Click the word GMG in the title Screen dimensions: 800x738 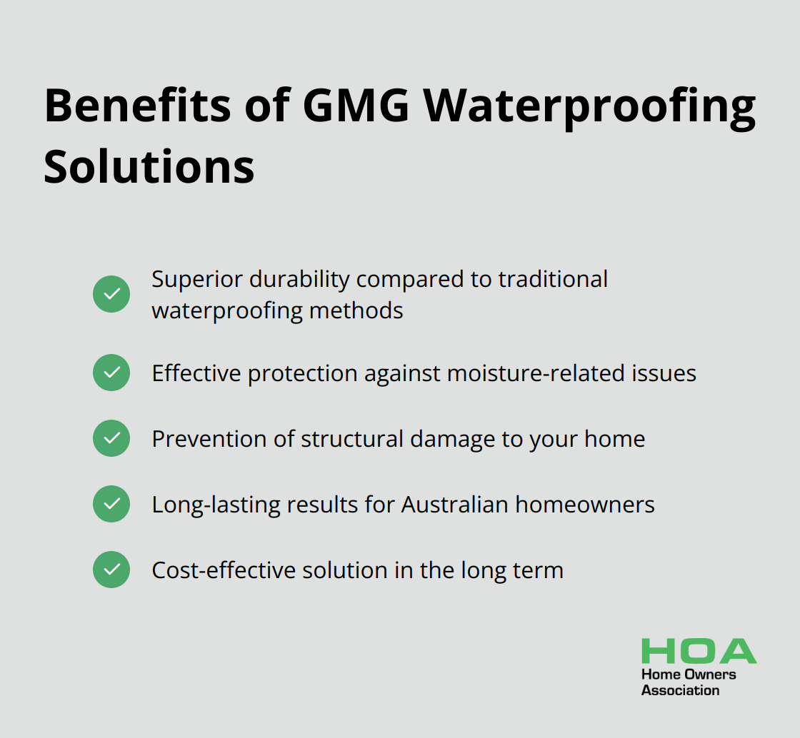[356, 106]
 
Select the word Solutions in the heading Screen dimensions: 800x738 [149, 166]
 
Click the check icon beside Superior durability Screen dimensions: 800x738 [111, 294]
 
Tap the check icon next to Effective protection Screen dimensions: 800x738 [111, 373]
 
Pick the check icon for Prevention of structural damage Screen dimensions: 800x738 [111, 438]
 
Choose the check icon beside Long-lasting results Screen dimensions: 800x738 [111, 504]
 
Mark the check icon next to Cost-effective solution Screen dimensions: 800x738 [111, 570]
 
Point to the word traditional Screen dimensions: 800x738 [553, 279]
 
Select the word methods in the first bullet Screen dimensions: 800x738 [356, 310]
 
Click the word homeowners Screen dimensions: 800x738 [585, 505]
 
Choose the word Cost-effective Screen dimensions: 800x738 [224, 570]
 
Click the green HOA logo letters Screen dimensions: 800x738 [699, 651]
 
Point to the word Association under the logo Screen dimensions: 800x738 [680, 690]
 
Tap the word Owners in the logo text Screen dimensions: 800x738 [710, 674]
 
